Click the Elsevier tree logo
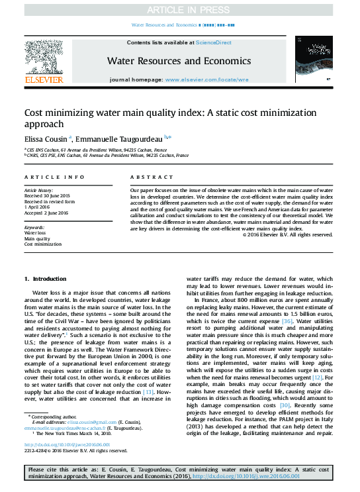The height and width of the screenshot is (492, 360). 44,59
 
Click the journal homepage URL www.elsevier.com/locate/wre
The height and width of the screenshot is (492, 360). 207,79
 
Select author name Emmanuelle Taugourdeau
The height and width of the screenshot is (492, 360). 120,138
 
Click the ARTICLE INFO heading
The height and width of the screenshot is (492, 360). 54,177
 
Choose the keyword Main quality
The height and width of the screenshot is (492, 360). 38,238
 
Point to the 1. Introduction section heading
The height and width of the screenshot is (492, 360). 45,279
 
